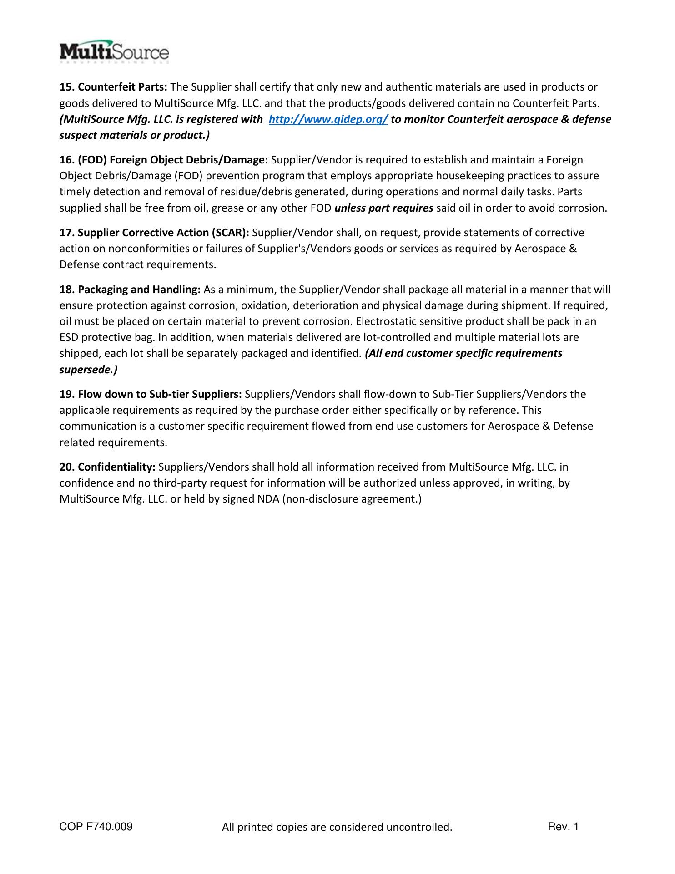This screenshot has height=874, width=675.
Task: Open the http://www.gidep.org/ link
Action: (328, 119)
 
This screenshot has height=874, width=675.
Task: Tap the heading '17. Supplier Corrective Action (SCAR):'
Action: (154, 233)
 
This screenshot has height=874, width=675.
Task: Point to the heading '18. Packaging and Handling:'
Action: (130, 290)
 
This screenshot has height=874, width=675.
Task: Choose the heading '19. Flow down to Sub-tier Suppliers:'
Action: (151, 394)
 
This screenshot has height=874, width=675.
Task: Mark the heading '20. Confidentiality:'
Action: (108, 467)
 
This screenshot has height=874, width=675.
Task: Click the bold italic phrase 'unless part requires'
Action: (383, 208)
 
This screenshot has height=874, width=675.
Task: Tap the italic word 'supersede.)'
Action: (88, 370)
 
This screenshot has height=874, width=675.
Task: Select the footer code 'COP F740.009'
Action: (96, 827)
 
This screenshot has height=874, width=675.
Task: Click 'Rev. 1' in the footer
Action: (563, 827)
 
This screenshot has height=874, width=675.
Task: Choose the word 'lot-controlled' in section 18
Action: (395, 337)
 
